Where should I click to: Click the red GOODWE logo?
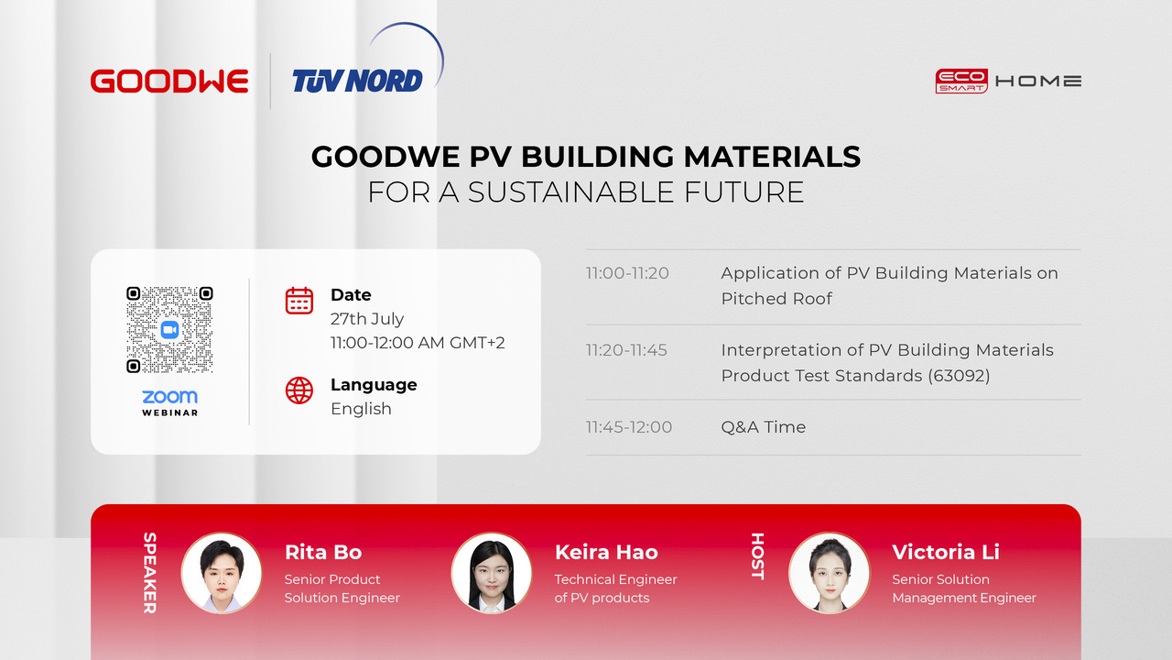click(169, 82)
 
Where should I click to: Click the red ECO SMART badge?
click(961, 82)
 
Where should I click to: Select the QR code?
click(169, 329)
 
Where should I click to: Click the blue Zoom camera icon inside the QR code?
click(169, 329)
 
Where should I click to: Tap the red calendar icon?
click(299, 301)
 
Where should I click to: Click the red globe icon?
click(299, 390)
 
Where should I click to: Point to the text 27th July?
click(367, 318)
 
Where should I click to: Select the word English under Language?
click(361, 409)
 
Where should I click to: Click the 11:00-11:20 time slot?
click(627, 273)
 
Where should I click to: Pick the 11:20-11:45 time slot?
click(626, 350)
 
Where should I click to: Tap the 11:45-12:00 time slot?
click(629, 427)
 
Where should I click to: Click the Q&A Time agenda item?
click(764, 427)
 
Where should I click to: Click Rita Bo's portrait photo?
click(222, 573)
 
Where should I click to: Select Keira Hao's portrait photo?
click(492, 573)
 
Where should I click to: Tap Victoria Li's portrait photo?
click(830, 573)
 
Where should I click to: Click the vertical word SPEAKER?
click(149, 573)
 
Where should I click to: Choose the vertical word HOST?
click(757, 556)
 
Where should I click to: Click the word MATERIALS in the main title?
click(772, 157)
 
